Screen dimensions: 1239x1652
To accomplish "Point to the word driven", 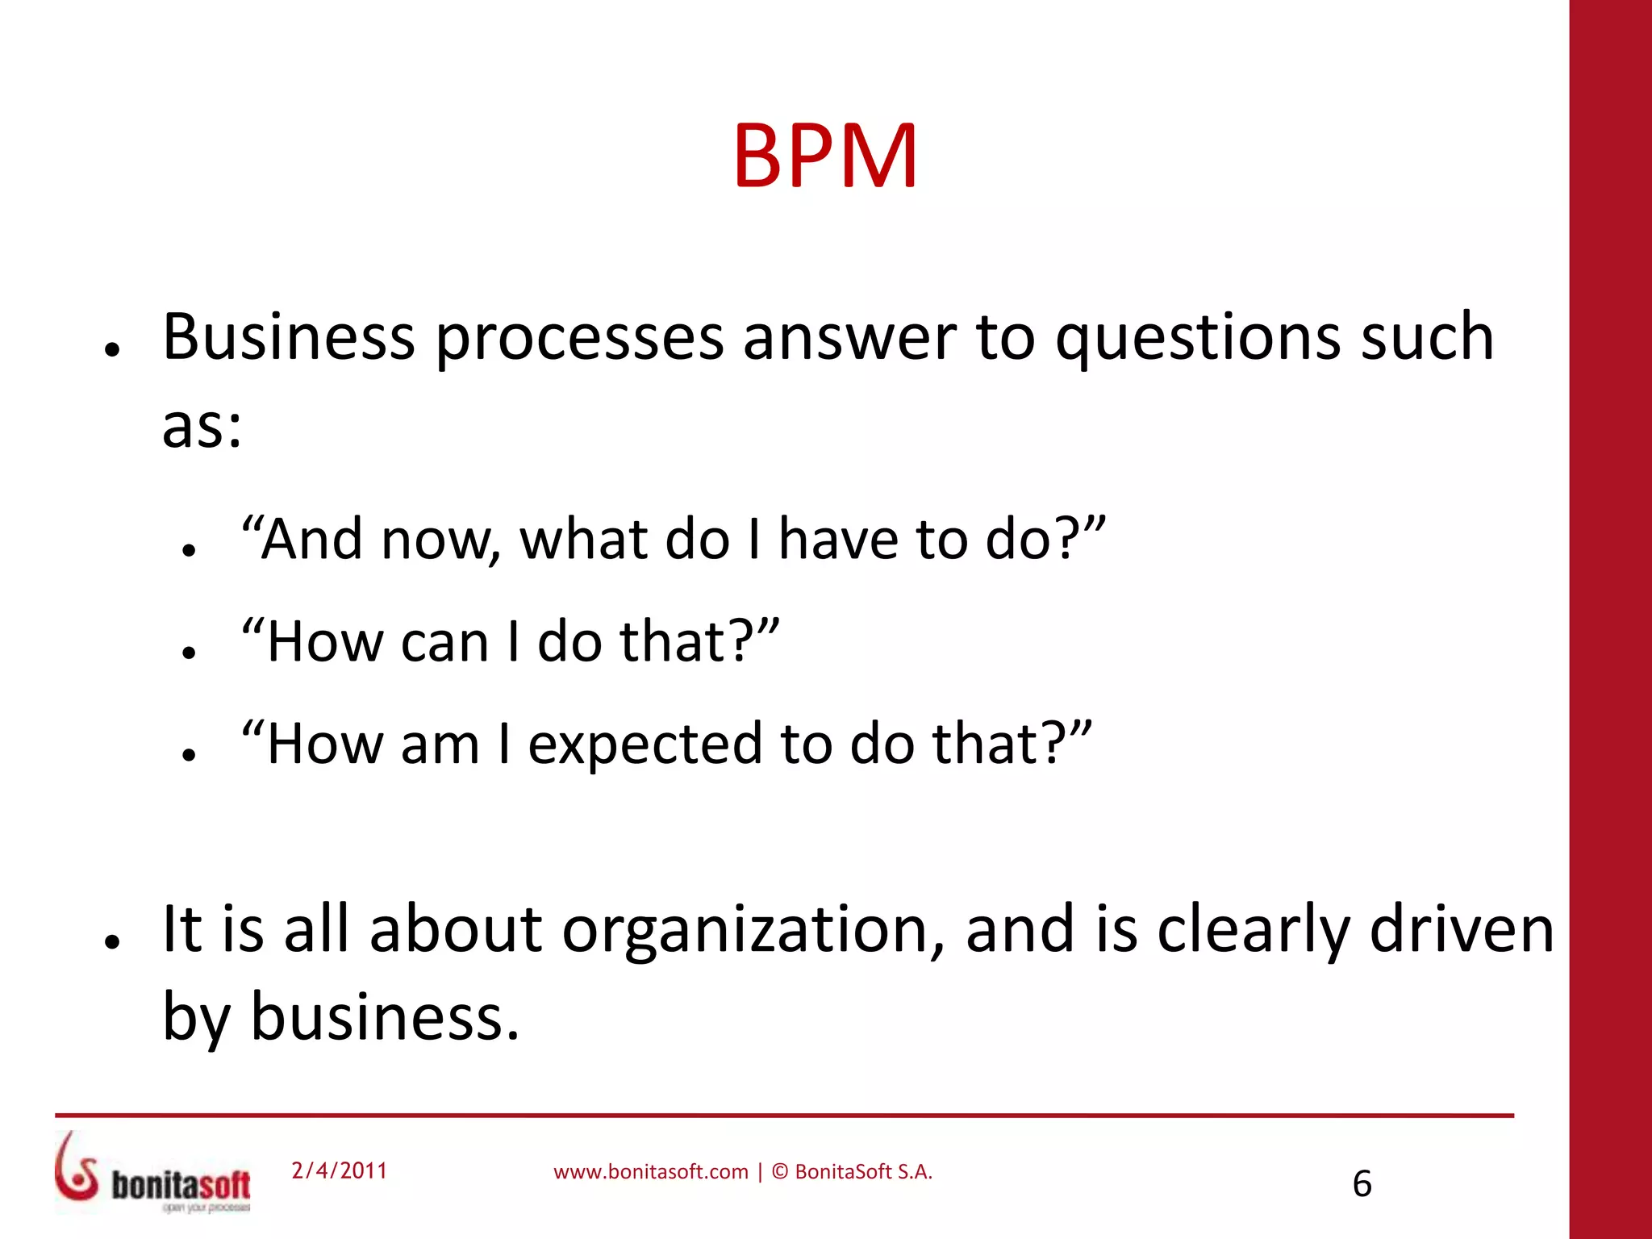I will point(1462,930).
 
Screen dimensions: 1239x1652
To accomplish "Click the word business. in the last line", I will point(385,1016).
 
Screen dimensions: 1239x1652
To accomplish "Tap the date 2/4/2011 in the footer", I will point(340,1170).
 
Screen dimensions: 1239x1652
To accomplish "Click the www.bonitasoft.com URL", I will point(651,1172).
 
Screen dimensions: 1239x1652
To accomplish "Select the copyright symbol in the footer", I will point(780,1172).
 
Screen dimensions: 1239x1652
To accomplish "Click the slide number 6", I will point(1362,1184).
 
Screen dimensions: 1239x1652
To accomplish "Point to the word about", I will point(456,930).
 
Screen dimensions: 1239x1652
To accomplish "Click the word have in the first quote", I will point(838,540).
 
